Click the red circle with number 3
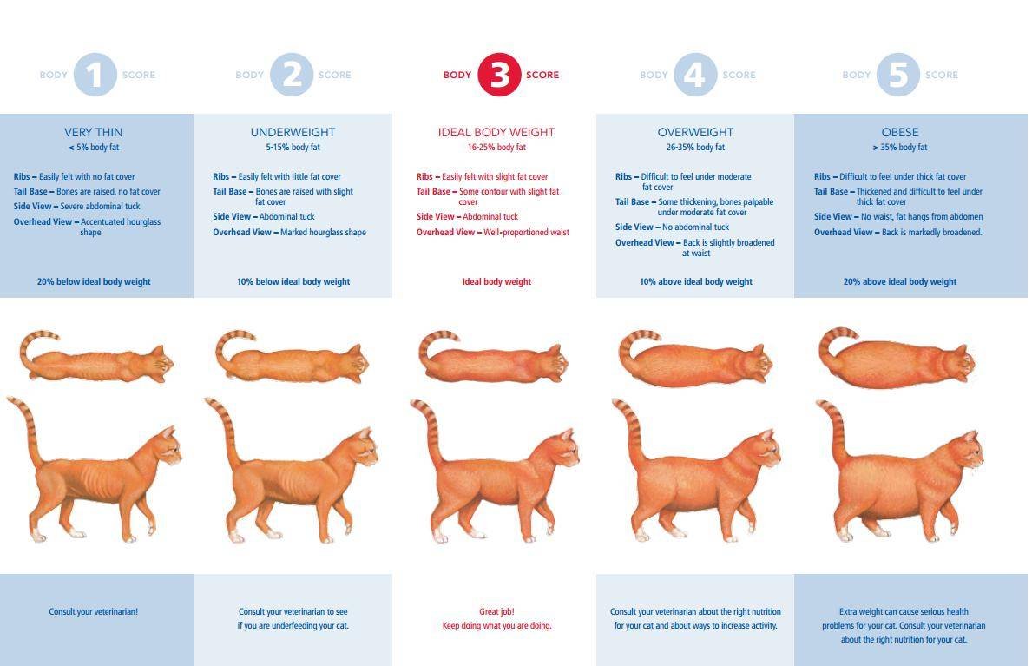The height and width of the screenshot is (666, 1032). tap(499, 75)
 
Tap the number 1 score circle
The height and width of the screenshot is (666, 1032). tap(95, 75)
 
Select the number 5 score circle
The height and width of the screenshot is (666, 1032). tap(897, 75)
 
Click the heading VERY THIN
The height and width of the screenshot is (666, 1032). tap(94, 132)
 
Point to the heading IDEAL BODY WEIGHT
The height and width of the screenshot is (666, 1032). tap(496, 132)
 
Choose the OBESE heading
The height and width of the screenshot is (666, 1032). tap(900, 132)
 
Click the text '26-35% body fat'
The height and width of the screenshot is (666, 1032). tap(695, 148)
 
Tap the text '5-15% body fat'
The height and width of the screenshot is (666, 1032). tap(293, 148)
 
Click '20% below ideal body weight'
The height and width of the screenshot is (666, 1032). tap(94, 282)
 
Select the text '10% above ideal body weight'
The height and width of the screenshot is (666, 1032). tap(696, 282)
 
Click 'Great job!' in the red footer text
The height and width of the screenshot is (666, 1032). tap(497, 612)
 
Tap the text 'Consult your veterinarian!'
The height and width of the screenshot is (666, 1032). tap(94, 612)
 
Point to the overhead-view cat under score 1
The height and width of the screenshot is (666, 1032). tap(96, 359)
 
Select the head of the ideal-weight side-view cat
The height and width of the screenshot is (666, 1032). tap(561, 450)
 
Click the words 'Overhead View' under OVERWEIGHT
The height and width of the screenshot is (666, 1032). tap(645, 243)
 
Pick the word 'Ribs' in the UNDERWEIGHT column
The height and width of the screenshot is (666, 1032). tap(221, 177)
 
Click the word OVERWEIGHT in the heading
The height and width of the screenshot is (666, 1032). tap(695, 132)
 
